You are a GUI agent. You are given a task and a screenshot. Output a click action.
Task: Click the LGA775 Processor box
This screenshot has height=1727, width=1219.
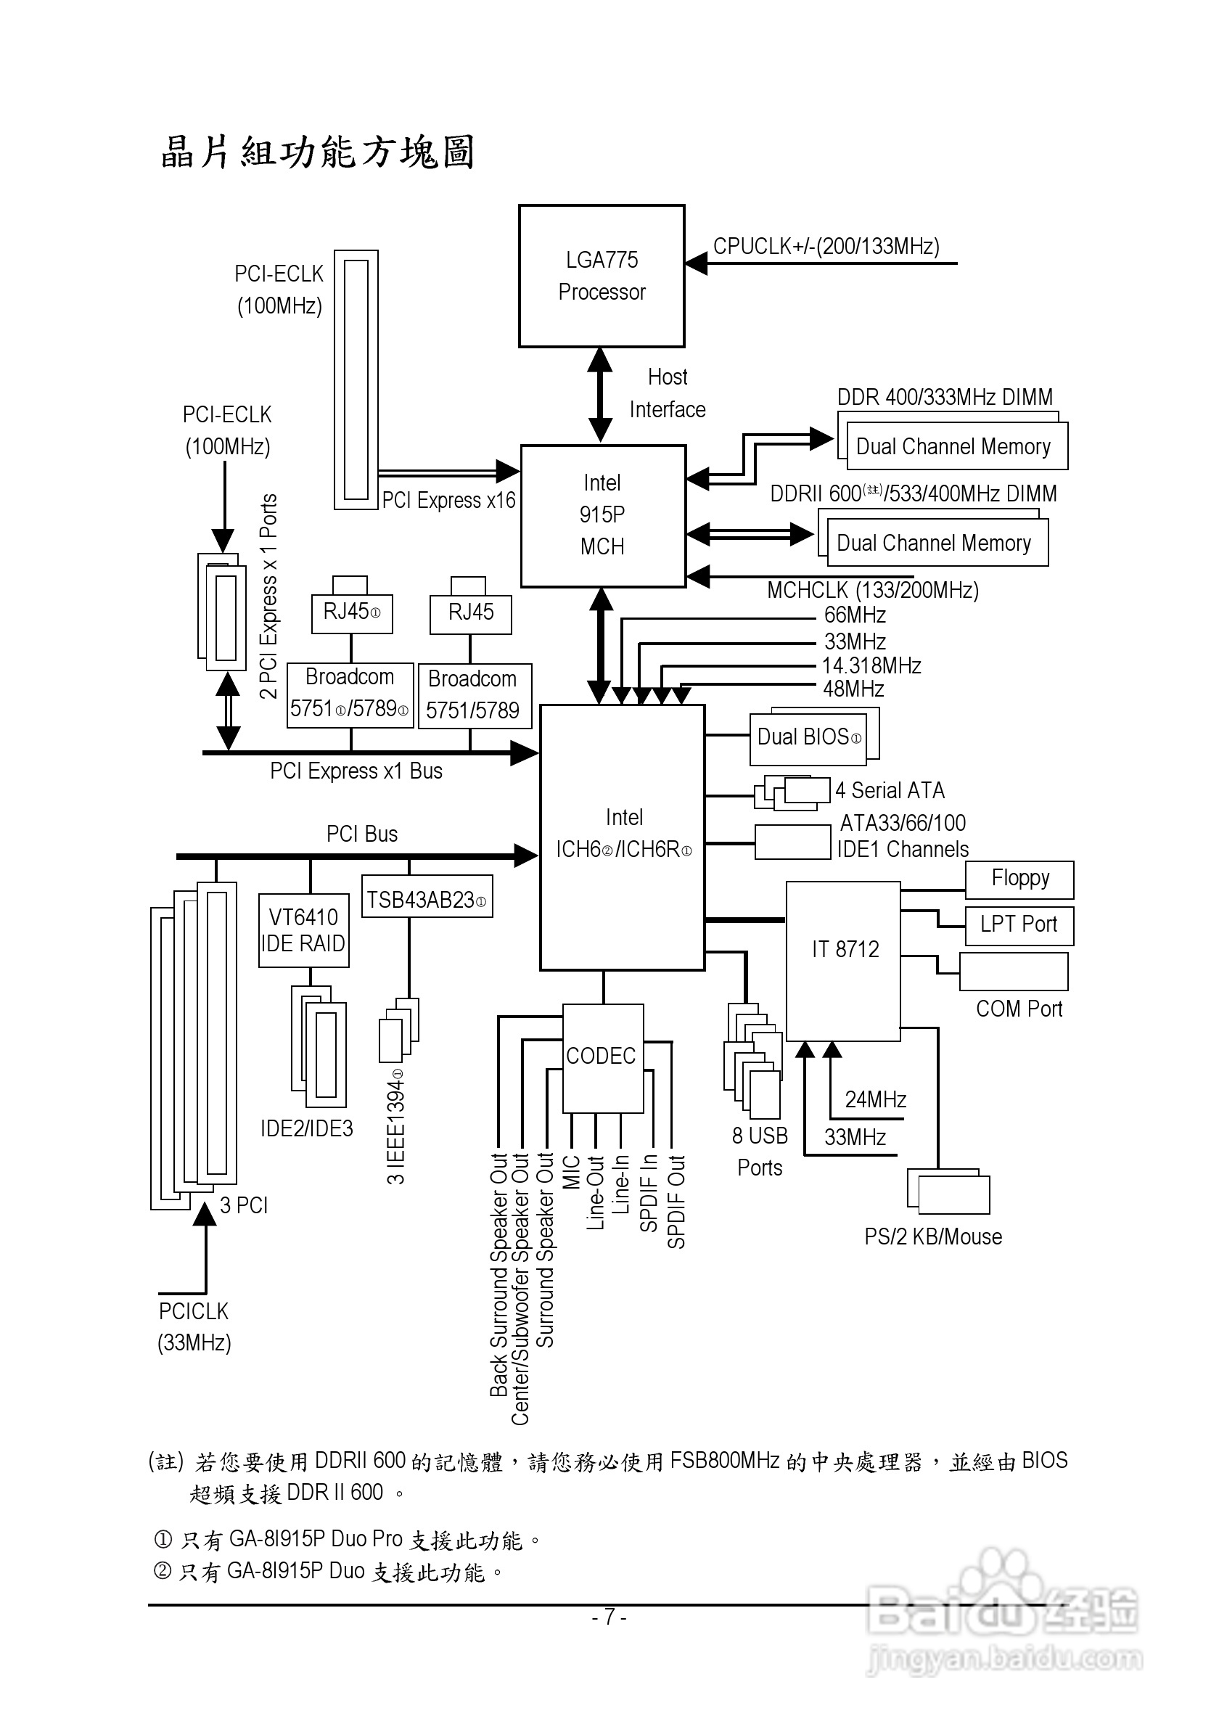coord(602,276)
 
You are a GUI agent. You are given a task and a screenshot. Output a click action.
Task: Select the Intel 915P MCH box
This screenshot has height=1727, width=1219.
coord(603,515)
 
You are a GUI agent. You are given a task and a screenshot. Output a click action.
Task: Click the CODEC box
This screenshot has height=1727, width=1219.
coord(602,1057)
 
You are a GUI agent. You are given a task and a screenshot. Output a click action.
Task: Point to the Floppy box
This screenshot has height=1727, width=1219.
coord(1019,879)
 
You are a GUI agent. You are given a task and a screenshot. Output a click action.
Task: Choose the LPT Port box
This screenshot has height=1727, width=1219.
coord(1019,925)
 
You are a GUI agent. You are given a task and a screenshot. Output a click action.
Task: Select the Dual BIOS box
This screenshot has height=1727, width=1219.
coord(809,737)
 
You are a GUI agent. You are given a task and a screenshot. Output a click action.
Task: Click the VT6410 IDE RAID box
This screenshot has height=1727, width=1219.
coord(303,930)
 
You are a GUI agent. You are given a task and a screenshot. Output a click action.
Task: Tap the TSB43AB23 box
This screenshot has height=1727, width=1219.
coord(427,900)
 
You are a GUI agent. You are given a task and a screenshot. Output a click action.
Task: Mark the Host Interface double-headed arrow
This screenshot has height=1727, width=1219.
coord(599,395)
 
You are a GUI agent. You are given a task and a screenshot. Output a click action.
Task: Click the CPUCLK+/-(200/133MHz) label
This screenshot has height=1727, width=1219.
coord(826,247)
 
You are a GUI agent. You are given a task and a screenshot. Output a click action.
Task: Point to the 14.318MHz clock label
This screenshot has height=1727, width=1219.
coord(871,665)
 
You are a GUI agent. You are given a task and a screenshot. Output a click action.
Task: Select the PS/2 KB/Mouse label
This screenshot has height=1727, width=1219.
coord(932,1237)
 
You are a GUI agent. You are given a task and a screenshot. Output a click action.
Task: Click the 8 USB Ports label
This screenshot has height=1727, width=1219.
coord(760,1152)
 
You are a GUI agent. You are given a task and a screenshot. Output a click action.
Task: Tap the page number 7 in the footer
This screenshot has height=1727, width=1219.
coord(609,1617)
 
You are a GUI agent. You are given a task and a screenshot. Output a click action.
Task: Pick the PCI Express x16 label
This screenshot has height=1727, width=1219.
coord(448,500)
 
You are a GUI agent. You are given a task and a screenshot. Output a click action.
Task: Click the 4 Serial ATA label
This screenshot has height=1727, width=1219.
coord(890,790)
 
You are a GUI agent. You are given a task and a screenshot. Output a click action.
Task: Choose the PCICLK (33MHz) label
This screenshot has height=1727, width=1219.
coord(194,1327)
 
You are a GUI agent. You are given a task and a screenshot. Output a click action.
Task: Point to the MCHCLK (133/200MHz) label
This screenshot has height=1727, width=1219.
coord(872,591)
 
